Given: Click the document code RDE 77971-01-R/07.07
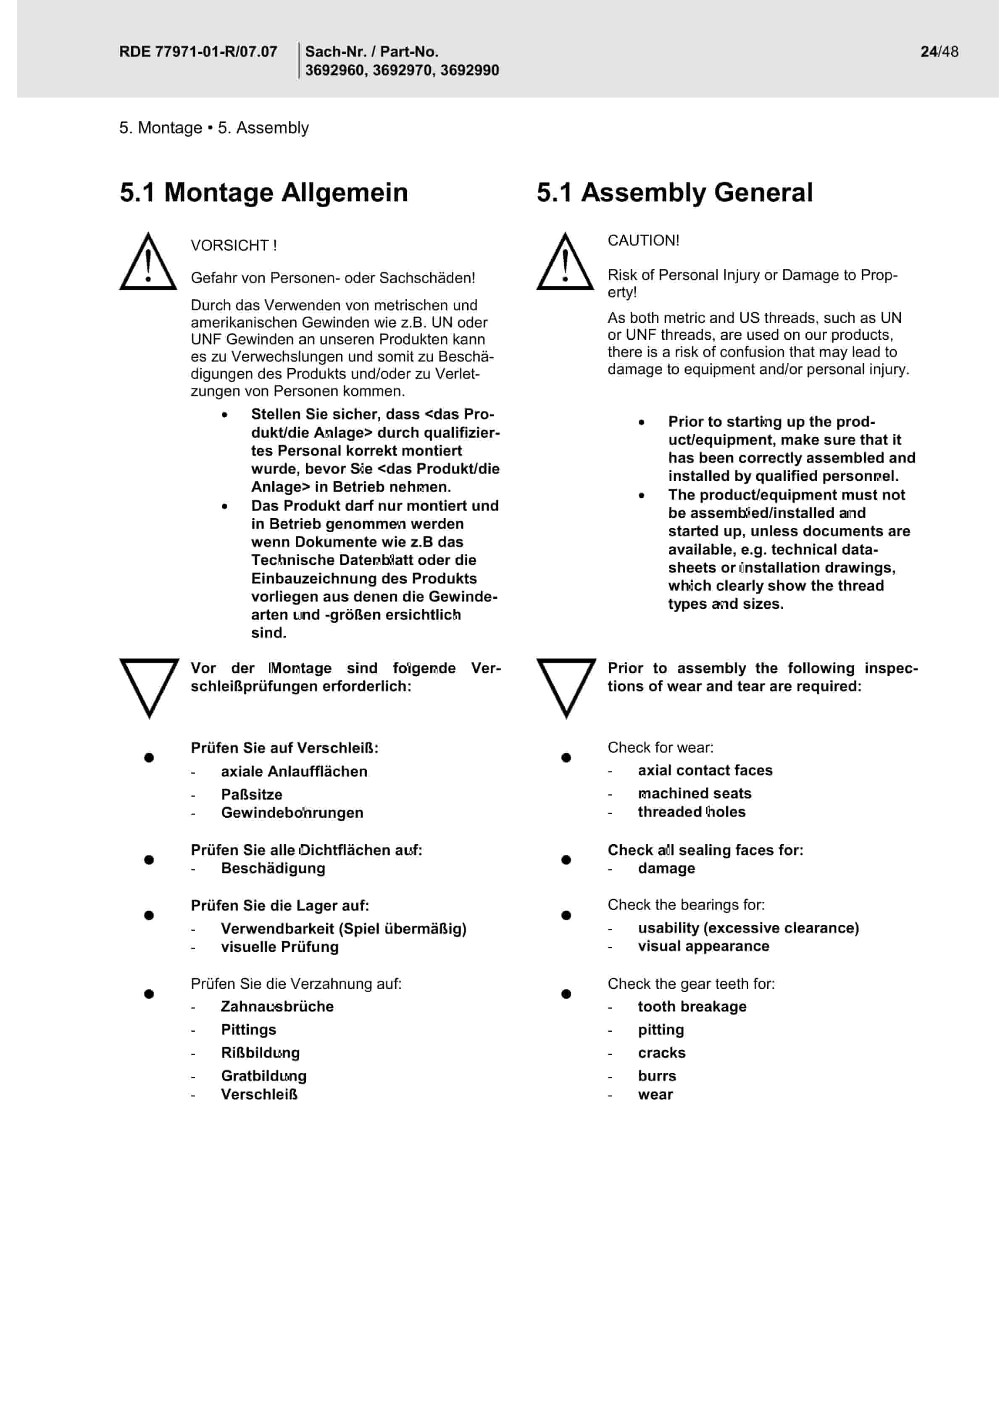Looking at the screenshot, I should pos(198,52).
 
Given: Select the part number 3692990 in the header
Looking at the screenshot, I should pos(469,70).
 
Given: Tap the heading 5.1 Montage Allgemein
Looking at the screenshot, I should pos(264,193).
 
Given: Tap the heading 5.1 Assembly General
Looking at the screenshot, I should pos(674,193).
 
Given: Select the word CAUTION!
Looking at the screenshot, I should pos(643,240).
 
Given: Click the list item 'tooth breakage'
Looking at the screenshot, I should pos(692,1007).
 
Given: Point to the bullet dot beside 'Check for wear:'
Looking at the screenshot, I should pos(566,758).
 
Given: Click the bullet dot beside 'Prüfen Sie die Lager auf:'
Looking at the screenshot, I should pos(149,915).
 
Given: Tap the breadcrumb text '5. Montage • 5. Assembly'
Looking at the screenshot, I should pos(214,128).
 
